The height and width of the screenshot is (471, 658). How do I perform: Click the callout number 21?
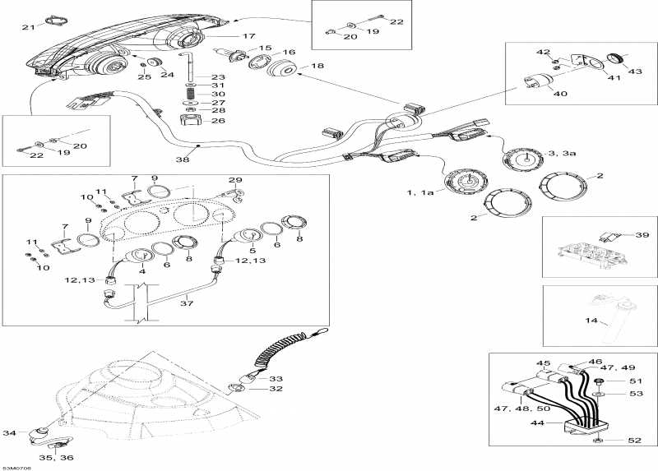(28, 28)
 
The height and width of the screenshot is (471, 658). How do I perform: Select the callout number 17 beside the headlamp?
(248, 36)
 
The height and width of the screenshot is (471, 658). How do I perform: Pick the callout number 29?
(235, 179)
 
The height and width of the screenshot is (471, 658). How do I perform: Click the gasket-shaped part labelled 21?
(54, 20)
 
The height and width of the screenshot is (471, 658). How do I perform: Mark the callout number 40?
(559, 93)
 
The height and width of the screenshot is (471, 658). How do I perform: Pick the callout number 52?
(633, 441)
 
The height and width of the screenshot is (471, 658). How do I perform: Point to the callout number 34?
(10, 432)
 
